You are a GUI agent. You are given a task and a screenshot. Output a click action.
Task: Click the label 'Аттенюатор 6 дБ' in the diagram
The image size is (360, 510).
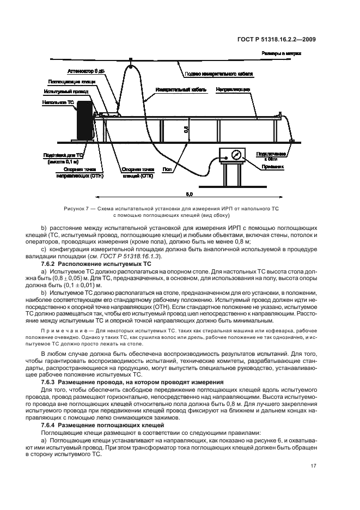click(x=85, y=71)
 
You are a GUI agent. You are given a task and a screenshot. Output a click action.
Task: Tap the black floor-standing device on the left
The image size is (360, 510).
click(x=84, y=119)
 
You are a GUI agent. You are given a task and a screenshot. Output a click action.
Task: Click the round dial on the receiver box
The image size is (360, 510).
click(x=235, y=155)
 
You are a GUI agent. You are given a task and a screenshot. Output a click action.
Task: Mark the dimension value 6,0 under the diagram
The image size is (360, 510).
click(x=189, y=193)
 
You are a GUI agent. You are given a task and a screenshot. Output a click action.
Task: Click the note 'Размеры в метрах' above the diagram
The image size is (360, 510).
click(x=282, y=53)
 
